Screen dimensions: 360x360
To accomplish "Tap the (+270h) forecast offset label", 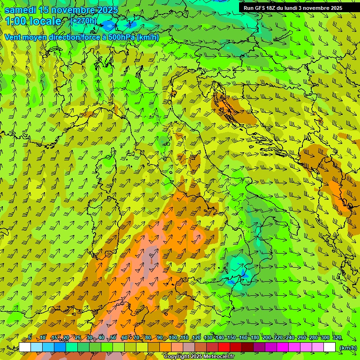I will (83, 21).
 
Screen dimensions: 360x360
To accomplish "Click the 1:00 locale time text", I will (33, 21).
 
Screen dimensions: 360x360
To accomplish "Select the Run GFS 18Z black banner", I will (292, 7).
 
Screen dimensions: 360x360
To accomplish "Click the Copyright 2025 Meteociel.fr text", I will (199, 357).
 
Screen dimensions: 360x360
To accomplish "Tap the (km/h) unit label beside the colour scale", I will (348, 347).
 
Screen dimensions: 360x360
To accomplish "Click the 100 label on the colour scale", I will (173, 338).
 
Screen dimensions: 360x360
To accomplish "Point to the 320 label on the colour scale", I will (337, 338).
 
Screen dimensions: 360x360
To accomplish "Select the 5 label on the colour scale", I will (30, 338).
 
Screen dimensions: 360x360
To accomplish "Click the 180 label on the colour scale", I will (255, 338).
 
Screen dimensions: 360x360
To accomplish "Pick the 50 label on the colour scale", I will (112, 338).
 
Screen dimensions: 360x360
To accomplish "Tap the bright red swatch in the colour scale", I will (224, 347).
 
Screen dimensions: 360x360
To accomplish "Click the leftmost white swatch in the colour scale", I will (25, 347).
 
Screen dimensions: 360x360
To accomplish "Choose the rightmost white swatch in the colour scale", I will (330, 347).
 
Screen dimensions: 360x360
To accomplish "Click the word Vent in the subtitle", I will (13, 37).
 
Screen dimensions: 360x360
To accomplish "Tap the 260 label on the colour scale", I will (301, 338).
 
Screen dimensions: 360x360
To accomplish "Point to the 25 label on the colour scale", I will (77, 338).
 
